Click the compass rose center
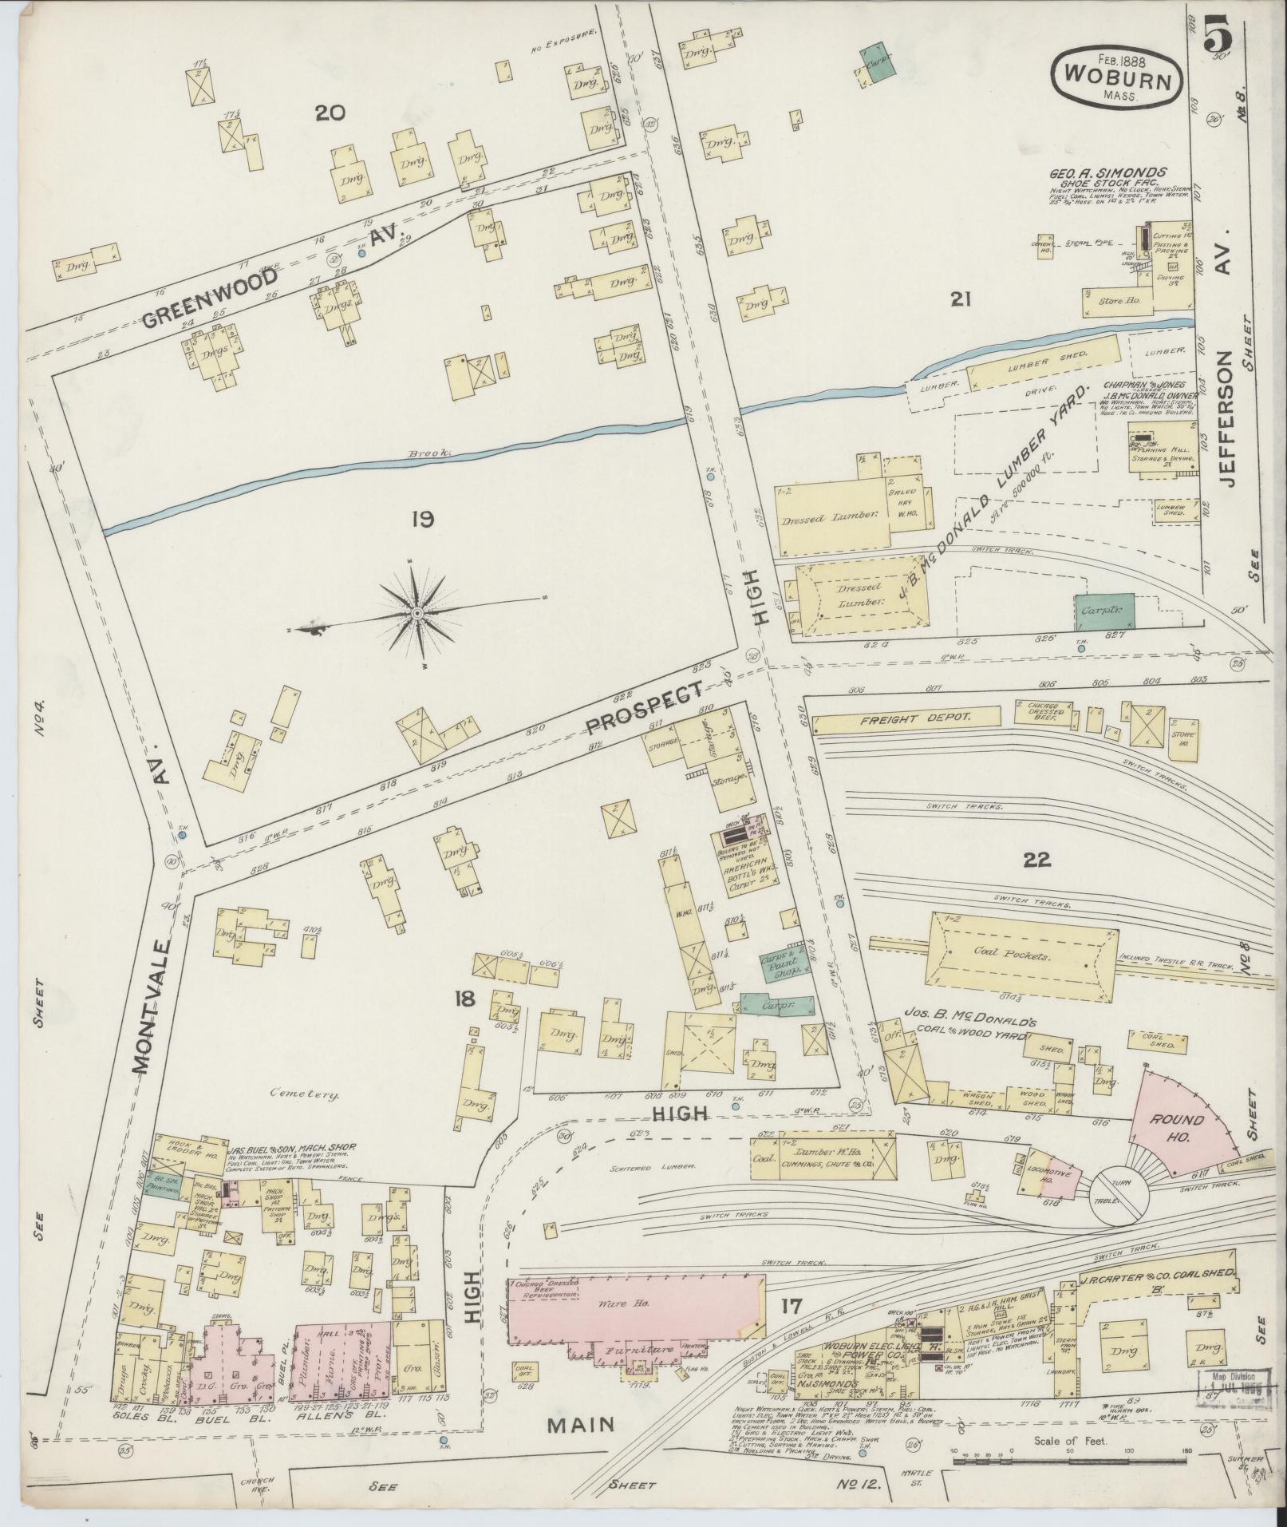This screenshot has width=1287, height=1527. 416,612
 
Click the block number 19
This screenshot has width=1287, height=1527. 422,520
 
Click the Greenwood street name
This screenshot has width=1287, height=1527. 211,297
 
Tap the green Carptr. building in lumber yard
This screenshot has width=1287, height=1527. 1104,612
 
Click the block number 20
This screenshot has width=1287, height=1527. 329,113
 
